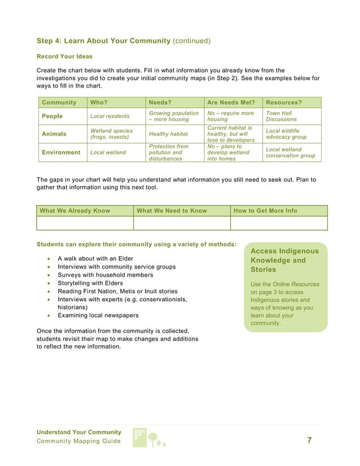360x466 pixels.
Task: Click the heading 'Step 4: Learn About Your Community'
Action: [103, 41]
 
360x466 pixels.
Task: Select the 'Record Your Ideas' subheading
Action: [64, 57]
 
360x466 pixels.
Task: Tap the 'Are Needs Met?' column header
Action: [231, 103]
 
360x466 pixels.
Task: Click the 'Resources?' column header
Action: [284, 103]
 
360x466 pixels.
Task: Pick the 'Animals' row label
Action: [54, 134]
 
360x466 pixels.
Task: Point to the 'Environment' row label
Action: [61, 152]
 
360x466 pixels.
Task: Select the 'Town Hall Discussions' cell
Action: [282, 116]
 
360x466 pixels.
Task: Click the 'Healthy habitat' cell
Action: [168, 134]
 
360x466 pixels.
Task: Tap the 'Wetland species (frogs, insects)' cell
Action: [112, 134]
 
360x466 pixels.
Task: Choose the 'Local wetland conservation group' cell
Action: [290, 152]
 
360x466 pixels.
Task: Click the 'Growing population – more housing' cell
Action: [174, 116]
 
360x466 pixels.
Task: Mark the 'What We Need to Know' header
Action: [172, 210]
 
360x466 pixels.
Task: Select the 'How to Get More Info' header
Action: [265, 210]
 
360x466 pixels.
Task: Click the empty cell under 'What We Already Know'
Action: [85, 223]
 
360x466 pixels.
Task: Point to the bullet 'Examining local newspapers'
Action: [98, 315]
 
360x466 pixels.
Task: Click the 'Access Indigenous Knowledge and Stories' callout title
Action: [284, 260]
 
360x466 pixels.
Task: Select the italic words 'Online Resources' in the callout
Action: [297, 284]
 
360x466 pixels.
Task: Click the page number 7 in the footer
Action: [309, 441]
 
